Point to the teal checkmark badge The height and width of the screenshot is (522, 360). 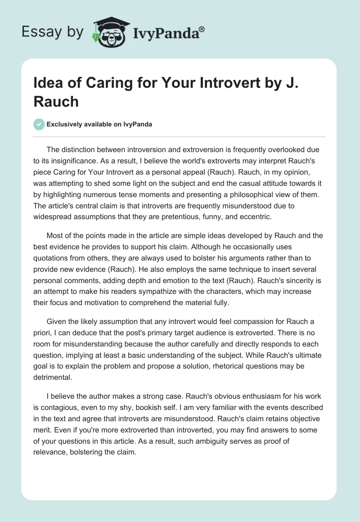tap(39, 124)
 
